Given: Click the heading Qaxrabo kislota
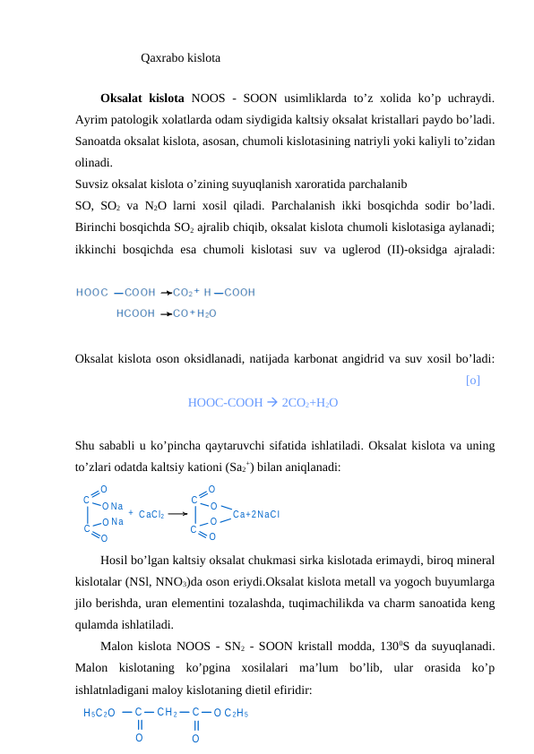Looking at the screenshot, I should point(181,59).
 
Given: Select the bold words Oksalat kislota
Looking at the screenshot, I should point(142,98).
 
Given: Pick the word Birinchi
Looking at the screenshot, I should point(98,227).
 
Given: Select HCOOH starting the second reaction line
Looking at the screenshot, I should point(135,313).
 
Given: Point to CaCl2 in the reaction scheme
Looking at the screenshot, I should point(151,515).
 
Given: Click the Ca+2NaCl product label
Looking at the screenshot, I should point(256,514).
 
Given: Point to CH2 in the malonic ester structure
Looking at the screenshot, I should point(167,713).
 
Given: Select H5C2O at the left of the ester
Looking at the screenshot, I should point(99,714).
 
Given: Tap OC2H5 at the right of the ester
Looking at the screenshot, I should point(231,714).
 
